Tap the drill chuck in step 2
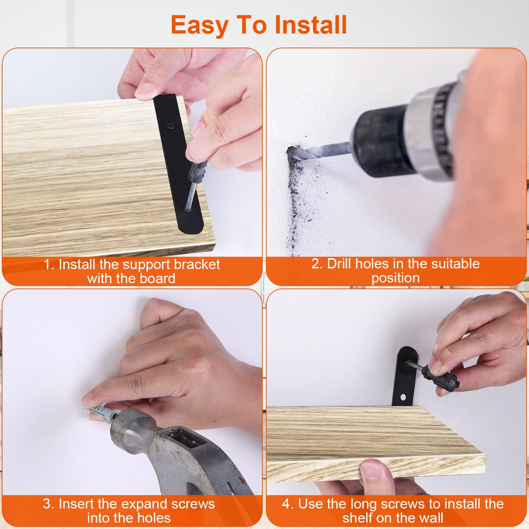[381, 143]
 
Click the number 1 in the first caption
[47, 264]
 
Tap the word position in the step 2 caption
[395, 278]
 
